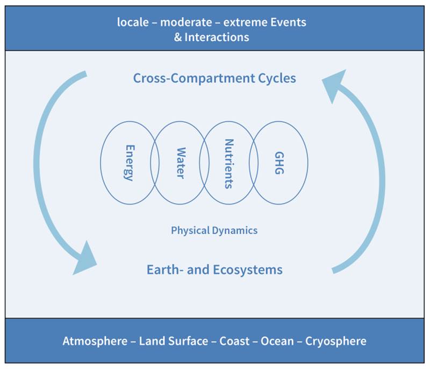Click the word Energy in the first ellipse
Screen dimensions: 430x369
tap(130, 163)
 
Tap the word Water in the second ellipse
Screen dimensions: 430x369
tap(181, 163)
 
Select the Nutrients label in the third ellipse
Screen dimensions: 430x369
tap(230, 164)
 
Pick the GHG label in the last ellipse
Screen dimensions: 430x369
tap(279, 163)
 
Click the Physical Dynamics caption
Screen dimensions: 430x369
tap(214, 230)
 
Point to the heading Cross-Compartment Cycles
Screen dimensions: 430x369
tap(214, 78)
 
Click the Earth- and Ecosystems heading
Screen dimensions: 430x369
tap(214, 269)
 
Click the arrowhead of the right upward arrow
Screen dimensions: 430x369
tap(334, 86)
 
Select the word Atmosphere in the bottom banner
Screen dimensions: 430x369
tap(95, 341)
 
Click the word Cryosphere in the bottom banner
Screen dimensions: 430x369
tap(335, 341)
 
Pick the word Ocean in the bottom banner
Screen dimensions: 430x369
tap(277, 341)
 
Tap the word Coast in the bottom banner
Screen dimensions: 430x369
tap(234, 341)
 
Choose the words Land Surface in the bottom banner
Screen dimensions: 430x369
tap(173, 341)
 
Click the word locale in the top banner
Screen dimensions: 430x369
tap(133, 22)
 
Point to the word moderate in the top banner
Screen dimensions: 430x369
tap(186, 22)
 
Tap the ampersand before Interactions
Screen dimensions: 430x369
tap(178, 37)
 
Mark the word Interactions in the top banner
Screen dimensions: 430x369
tap(217, 37)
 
